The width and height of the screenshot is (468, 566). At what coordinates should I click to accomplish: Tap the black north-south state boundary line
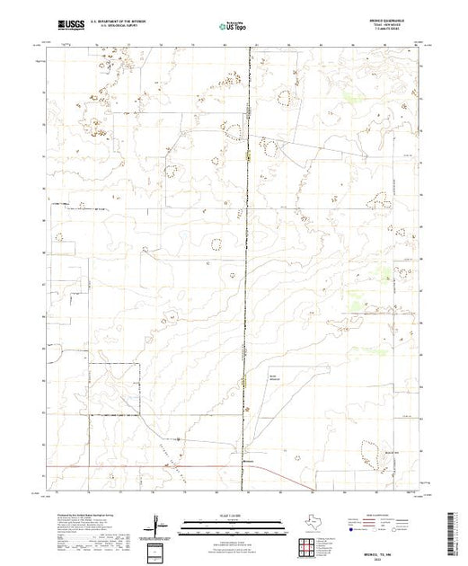pyautogui.click(x=248, y=270)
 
